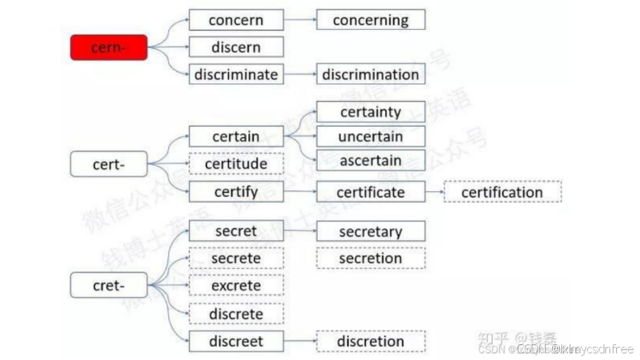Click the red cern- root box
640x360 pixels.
[x=108, y=48]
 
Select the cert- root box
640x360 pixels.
[x=108, y=164]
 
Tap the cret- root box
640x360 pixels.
[x=108, y=286]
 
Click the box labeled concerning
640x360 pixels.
[x=370, y=20]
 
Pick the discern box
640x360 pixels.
[x=236, y=46]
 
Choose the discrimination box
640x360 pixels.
[x=370, y=74]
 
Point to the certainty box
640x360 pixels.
[x=370, y=112]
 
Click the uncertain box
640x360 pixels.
[x=370, y=136]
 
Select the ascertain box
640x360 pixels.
[x=370, y=160]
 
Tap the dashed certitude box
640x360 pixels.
[x=236, y=164]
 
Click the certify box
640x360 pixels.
[x=236, y=192]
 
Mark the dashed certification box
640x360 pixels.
[x=502, y=192]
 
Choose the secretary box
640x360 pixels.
[x=370, y=232]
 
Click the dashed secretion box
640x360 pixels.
[x=370, y=258]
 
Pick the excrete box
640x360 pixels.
[x=236, y=286]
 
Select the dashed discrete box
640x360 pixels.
[x=236, y=314]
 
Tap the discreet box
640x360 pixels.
[x=236, y=341]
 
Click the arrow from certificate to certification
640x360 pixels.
[x=435, y=192]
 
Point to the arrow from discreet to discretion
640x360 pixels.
[x=300, y=341]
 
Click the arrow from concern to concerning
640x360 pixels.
[x=300, y=20]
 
